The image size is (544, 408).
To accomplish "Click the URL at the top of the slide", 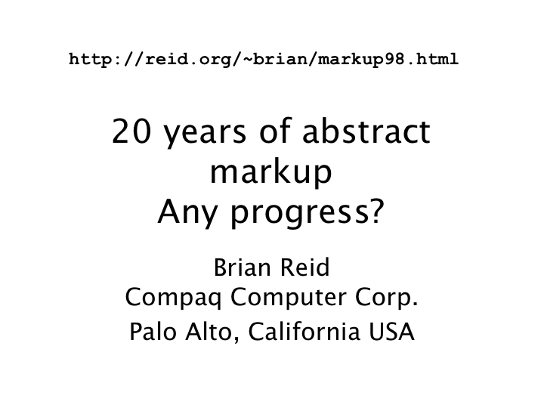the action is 264,60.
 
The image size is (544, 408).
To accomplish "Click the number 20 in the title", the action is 131,131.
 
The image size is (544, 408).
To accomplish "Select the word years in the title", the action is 205,134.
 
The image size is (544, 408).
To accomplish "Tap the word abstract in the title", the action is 366,131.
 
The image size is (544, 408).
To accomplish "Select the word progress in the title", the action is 299,215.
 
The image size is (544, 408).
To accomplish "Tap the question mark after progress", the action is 376,211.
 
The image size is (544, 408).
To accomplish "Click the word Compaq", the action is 173,298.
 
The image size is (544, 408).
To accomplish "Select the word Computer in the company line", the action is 289,298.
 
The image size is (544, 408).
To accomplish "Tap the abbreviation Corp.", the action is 387,298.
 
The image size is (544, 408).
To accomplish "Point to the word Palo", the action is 153,332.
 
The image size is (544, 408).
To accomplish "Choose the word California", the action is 304,332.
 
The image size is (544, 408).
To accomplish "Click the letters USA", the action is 391,332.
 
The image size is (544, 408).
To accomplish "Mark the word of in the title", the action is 275,131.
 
